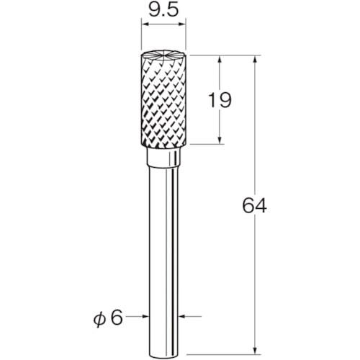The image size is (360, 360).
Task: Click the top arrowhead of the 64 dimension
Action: (x=256, y=59)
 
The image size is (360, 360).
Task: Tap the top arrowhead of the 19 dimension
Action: (x=220, y=59)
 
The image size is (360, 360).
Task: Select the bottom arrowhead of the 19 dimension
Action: (x=220, y=140)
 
